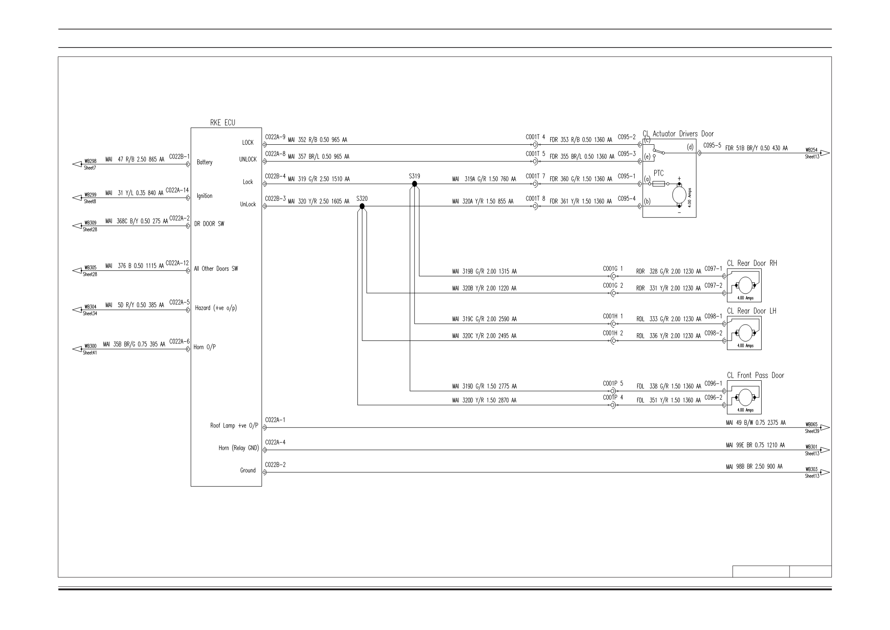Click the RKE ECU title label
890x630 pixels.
(222, 123)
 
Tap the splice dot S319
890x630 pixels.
(414, 184)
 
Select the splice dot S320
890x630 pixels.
(362, 206)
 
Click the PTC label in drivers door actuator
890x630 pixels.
(659, 173)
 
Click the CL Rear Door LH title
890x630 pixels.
(751, 311)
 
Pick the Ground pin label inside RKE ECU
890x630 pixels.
(248, 470)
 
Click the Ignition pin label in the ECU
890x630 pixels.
(205, 196)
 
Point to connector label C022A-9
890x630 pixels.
(275, 137)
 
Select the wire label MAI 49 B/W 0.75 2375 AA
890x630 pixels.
(756, 423)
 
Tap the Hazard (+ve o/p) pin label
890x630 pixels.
(216, 308)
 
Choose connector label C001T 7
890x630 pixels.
(535, 176)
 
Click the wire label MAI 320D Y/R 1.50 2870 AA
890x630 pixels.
(484, 400)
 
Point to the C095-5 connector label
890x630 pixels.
(712, 145)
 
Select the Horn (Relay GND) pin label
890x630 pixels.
(239, 448)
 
